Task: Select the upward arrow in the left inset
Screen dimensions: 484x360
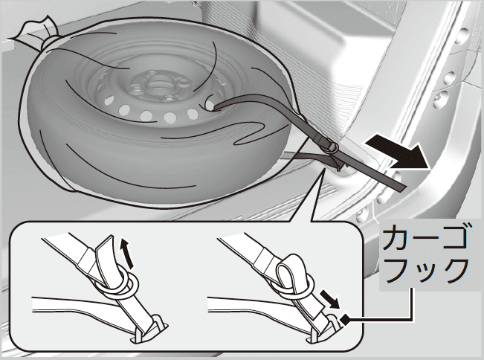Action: click(127, 253)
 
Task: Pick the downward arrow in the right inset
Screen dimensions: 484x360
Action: click(330, 298)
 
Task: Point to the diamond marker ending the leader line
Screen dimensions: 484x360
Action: click(345, 319)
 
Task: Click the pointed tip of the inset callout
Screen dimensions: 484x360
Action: click(324, 169)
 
